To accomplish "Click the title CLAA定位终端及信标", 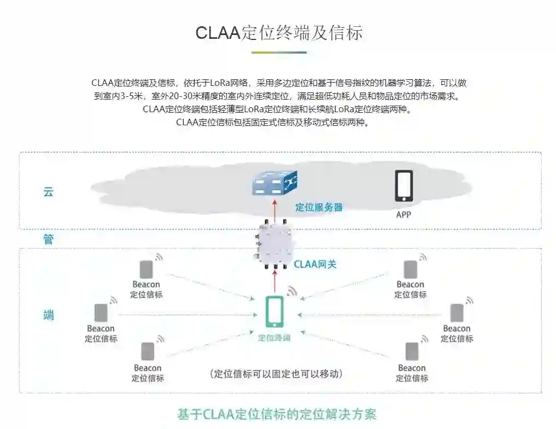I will pyautogui.click(x=279, y=33).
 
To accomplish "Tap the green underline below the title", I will pyautogui.click(x=279, y=53).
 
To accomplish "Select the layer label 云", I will pyautogui.click(x=49, y=192).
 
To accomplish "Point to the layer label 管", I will pyautogui.click(x=49, y=239).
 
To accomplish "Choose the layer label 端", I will pyautogui.click(x=49, y=315).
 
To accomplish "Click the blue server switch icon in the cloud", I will pyautogui.click(x=274, y=183).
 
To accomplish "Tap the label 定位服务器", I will pyautogui.click(x=319, y=207).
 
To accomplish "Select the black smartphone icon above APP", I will pyautogui.click(x=403, y=186).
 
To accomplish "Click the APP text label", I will pyautogui.click(x=403, y=215).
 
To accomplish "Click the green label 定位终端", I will pyautogui.click(x=274, y=338).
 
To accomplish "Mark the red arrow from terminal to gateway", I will pyautogui.click(x=274, y=282).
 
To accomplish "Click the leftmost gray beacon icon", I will pyautogui.click(x=101, y=313).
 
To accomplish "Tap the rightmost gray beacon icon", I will pyautogui.click(x=457, y=313).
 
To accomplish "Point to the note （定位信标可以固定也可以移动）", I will pyautogui.click(x=278, y=374).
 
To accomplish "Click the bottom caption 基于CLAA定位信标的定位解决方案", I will pyautogui.click(x=277, y=414).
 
